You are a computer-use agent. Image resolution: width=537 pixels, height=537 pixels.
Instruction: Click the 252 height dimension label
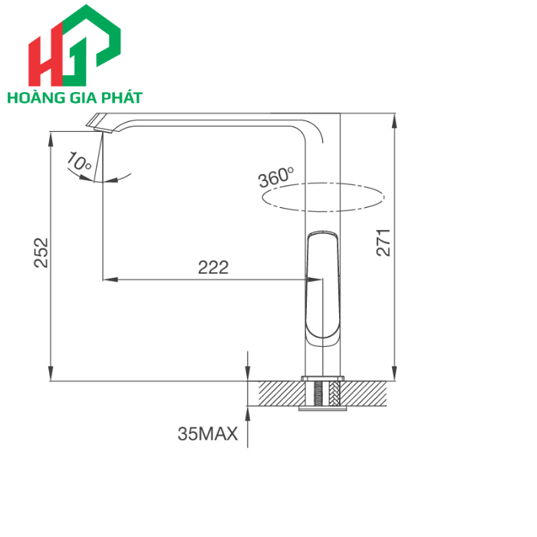41,252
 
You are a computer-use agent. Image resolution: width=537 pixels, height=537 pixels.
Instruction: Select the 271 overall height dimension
386,242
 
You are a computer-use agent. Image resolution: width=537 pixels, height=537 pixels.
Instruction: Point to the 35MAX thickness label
207,434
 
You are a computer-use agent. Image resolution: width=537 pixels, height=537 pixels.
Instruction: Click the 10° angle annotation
80,162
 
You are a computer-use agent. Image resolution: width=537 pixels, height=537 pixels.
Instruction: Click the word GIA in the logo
82,98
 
